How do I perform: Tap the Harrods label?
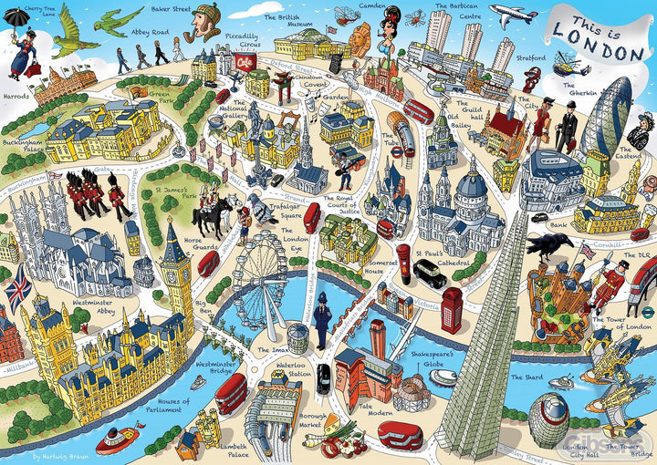(16, 95)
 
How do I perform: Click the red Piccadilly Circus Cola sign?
(245, 60)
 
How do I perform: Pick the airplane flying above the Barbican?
(512, 14)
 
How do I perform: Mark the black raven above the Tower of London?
(549, 244)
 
